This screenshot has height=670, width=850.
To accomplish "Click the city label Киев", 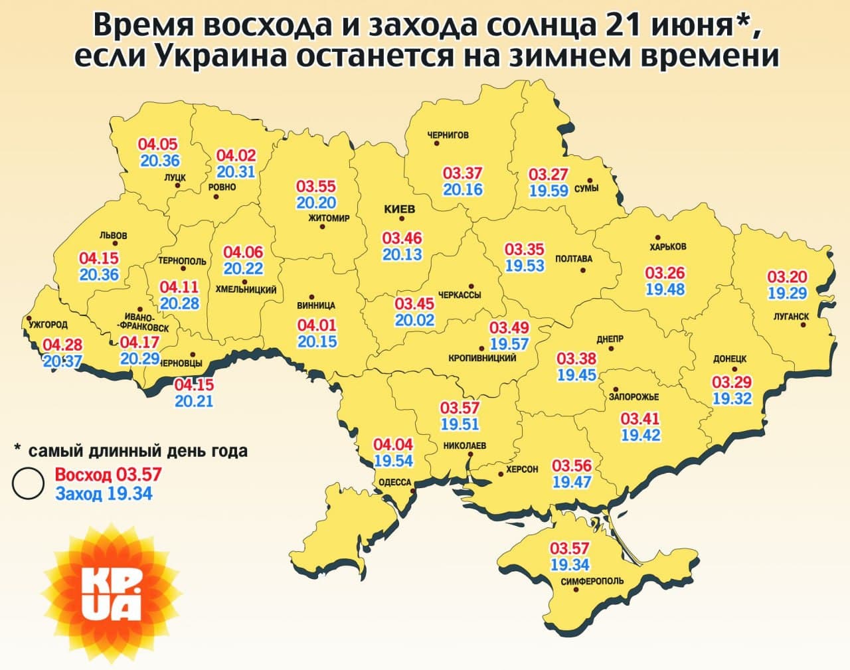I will pyautogui.click(x=399, y=209).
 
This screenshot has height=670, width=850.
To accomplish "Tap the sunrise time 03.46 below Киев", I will pyautogui.click(x=402, y=238).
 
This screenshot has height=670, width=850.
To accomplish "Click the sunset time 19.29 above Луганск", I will pyautogui.click(x=787, y=292).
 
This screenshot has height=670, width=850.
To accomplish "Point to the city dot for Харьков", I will pyautogui.click(x=658, y=237).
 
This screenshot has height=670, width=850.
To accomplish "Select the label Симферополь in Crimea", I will pyautogui.click(x=592, y=581).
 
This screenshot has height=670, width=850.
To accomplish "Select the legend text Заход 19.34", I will pyautogui.click(x=104, y=493).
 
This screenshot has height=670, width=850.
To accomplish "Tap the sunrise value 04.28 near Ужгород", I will pyautogui.click(x=62, y=345).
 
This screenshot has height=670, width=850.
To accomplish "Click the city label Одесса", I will pyautogui.click(x=395, y=483).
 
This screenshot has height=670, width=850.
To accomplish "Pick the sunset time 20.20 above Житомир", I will pyautogui.click(x=316, y=203).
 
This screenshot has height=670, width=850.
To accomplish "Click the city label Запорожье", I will pyautogui.click(x=634, y=397).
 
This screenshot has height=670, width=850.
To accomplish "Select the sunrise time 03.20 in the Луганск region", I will pyautogui.click(x=787, y=277).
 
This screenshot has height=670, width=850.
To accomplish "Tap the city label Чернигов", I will pyautogui.click(x=448, y=135).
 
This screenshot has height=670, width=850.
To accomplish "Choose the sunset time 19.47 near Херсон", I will pyautogui.click(x=572, y=481).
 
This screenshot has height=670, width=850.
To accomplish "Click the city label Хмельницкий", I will pyautogui.click(x=246, y=290).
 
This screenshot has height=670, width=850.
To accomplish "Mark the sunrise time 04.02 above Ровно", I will pyautogui.click(x=236, y=155).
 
